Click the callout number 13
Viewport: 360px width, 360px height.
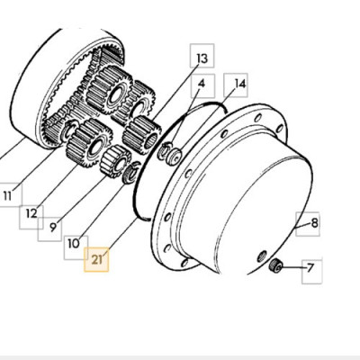[x=202, y=58]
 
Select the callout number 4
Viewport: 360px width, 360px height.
[x=202, y=83]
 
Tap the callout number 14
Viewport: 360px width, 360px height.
[x=240, y=84]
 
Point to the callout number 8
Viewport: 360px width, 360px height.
[x=314, y=223]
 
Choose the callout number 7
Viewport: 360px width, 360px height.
[x=310, y=267]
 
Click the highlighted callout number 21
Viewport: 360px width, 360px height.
[x=96, y=260]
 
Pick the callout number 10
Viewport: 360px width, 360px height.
[x=74, y=243]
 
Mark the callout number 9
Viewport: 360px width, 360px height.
[x=53, y=227]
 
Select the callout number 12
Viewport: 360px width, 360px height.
[x=31, y=213]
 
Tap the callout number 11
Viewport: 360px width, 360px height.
[x=7, y=196]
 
